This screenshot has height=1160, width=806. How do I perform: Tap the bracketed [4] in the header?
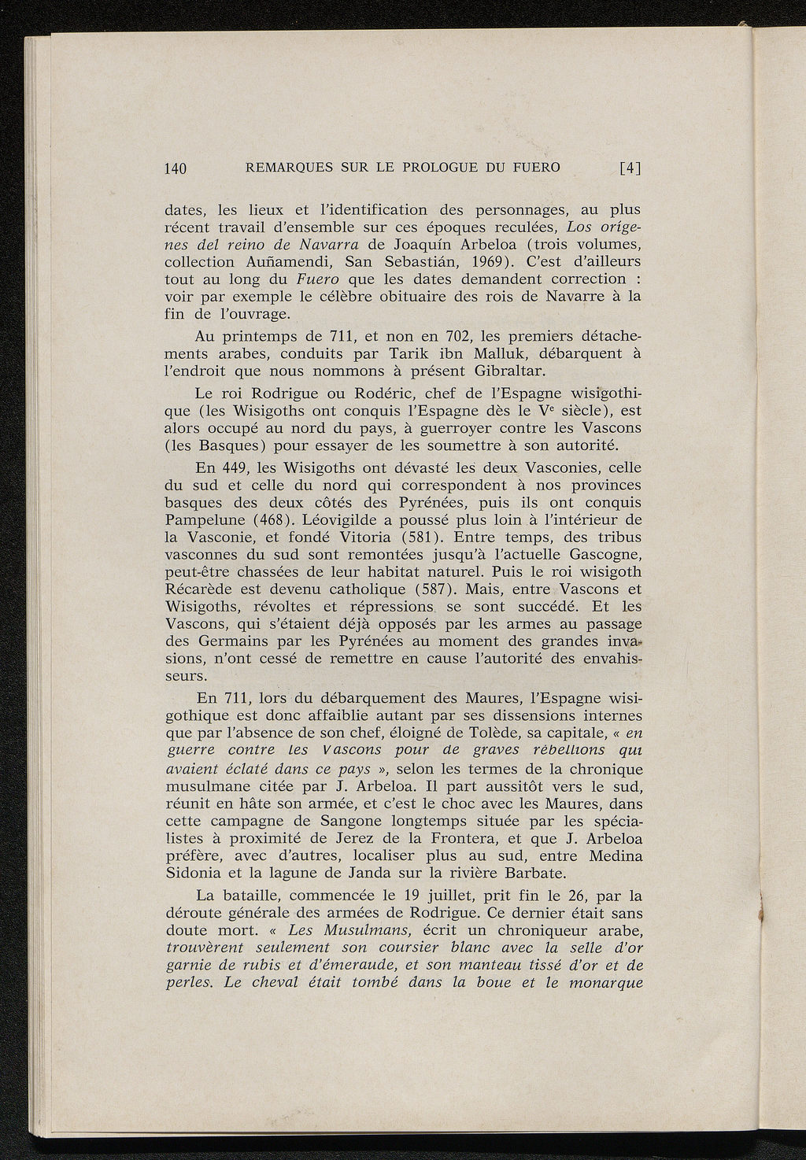[630, 167]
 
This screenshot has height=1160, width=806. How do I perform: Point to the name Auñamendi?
[282, 262]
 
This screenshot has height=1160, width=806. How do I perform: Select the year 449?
[237, 468]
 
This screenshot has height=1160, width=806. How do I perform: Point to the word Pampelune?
[207, 520]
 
